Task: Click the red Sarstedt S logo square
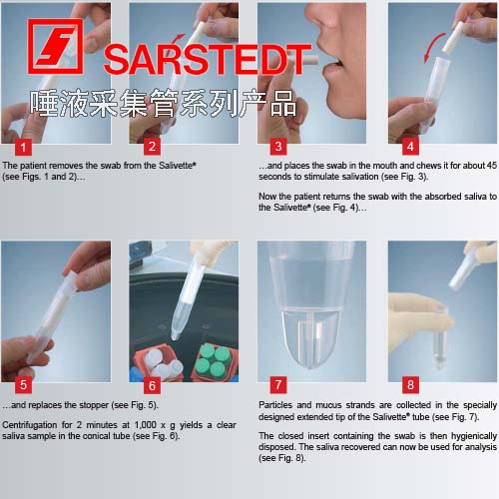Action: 55,46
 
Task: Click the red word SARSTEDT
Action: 208,60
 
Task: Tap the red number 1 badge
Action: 23,147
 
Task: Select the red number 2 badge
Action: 152,147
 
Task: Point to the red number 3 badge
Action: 278,147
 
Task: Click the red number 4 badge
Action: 410,147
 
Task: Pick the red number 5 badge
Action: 23,385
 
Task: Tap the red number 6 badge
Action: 152,385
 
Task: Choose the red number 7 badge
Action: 278,385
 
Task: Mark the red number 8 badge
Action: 410,385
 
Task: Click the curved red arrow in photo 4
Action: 429,45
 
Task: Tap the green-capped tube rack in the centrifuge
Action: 214,362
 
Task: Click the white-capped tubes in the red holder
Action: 159,363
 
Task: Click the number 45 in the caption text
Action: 491,166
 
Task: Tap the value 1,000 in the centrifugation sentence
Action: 146,425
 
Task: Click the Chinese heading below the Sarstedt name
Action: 163,104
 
